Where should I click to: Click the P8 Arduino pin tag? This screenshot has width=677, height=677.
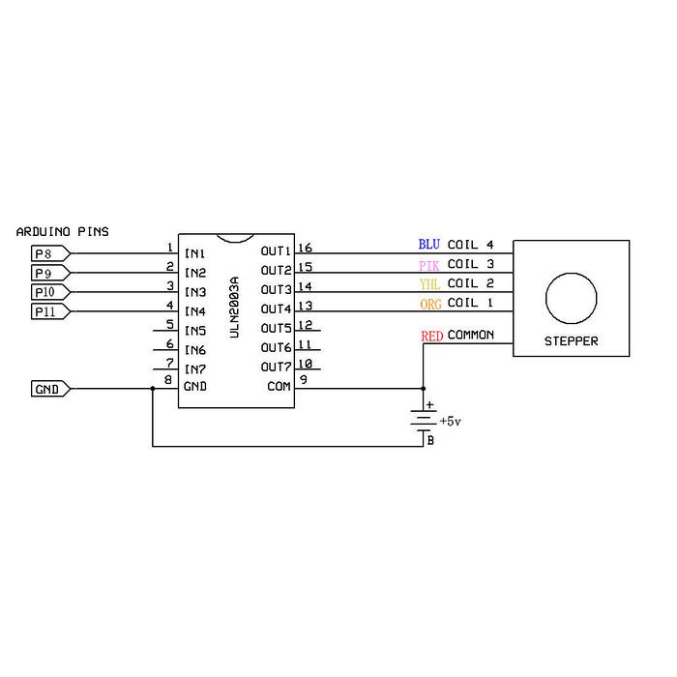(51, 253)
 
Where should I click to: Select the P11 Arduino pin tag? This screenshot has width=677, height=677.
(51, 311)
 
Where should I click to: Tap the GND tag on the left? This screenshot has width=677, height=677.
(51, 389)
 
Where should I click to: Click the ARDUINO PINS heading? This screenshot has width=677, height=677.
(62, 232)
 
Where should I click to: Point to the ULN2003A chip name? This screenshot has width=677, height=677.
(234, 308)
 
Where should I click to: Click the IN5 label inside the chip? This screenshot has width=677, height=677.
(195, 331)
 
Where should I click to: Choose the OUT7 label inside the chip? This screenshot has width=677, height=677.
(276, 367)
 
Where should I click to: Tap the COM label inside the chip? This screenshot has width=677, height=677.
(279, 387)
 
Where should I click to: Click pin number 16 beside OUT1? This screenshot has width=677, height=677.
(305, 248)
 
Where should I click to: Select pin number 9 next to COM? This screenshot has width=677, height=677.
(304, 379)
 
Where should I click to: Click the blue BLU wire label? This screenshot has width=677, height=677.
(429, 245)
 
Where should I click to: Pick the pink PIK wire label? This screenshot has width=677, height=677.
(429, 266)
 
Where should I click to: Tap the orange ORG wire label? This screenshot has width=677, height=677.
(430, 305)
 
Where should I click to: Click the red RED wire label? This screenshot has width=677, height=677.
(432, 336)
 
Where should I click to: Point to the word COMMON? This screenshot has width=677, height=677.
(471, 335)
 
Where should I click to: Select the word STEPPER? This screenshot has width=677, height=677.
(572, 341)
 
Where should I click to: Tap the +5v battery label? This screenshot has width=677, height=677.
(451, 421)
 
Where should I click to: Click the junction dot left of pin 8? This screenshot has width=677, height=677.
(153, 389)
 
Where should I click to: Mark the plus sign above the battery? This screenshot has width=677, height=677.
(429, 405)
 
